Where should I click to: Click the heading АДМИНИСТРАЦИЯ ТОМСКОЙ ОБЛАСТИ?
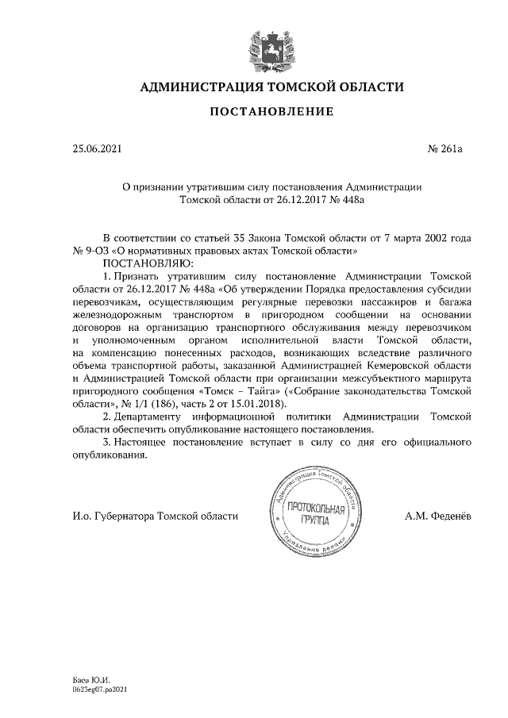click(271, 86)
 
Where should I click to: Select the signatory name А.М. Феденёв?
click(438, 516)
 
